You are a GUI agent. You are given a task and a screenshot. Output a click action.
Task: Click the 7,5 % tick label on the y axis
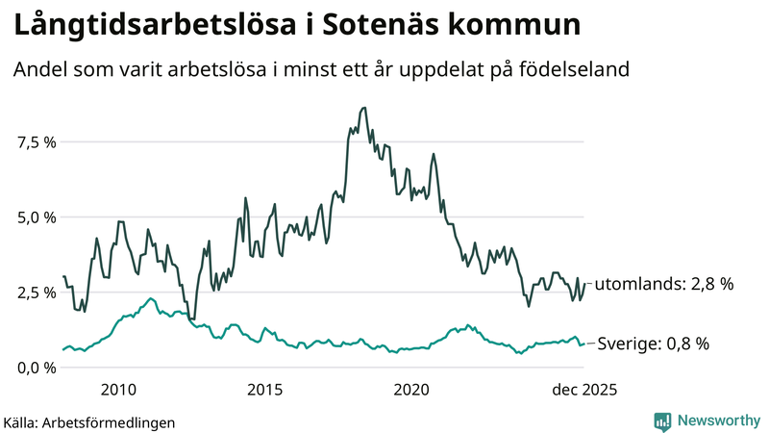point(37,142)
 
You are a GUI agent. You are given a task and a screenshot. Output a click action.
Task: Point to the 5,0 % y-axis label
point(37,217)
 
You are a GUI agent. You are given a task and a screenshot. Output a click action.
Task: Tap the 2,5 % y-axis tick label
point(37,293)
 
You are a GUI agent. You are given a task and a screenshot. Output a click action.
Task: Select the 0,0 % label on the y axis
point(37,368)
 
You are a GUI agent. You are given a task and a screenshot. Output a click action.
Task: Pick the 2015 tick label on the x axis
point(264,390)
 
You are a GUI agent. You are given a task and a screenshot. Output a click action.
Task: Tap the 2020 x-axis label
point(411,390)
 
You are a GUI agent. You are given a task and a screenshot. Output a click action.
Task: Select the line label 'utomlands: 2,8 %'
point(664,284)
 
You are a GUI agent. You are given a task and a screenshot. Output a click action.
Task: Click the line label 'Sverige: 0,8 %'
point(654,344)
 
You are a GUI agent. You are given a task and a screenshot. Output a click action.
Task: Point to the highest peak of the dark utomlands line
point(363,108)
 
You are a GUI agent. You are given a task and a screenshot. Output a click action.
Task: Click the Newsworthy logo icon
point(662,420)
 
